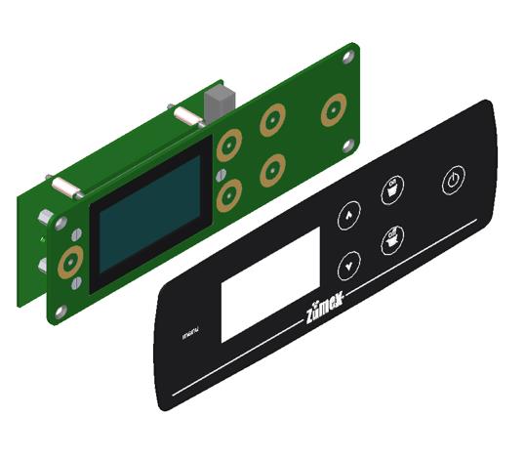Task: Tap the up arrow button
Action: click(348, 217)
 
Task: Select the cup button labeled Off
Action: click(393, 239)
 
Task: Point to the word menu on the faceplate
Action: click(191, 337)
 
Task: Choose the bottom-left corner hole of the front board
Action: click(62, 313)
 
